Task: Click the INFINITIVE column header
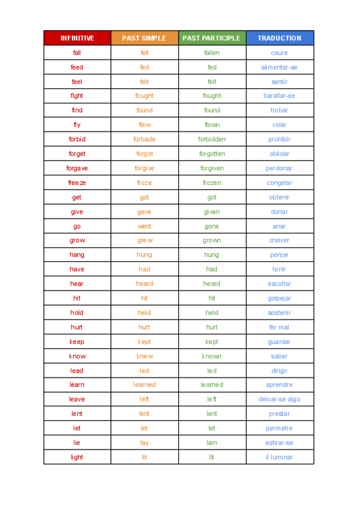pyautogui.click(x=77, y=38)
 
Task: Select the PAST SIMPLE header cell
pyautogui.click(x=144, y=38)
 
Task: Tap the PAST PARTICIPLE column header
pyautogui.click(x=211, y=38)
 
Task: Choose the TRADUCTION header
pyautogui.click(x=279, y=38)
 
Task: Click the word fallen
pyautogui.click(x=212, y=53)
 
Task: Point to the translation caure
pyautogui.click(x=279, y=53)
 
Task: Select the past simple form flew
pyautogui.click(x=145, y=125)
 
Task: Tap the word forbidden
pyautogui.click(x=212, y=139)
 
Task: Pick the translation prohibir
pyautogui.click(x=279, y=139)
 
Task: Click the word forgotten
pyautogui.click(x=212, y=154)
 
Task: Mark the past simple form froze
pyautogui.click(x=145, y=182)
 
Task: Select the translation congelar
pyautogui.click(x=279, y=182)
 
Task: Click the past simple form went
pyautogui.click(x=145, y=226)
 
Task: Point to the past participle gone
pyautogui.click(x=212, y=226)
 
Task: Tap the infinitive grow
pyautogui.click(x=77, y=241)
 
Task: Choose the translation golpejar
pyautogui.click(x=279, y=298)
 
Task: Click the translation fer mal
pyautogui.click(x=279, y=327)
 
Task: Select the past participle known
pyautogui.click(x=212, y=356)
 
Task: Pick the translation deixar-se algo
pyautogui.click(x=279, y=399)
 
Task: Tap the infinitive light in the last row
pyautogui.click(x=77, y=457)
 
